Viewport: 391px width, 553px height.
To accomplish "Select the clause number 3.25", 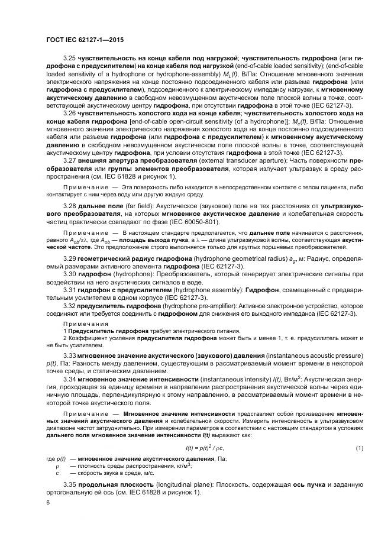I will pyautogui.click(x=70, y=57).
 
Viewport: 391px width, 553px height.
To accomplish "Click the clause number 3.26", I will pyautogui.click(x=70, y=112).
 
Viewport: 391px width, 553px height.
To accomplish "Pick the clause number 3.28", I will pyautogui.click(x=70, y=205).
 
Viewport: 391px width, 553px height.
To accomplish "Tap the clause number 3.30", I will pyautogui.click(x=70, y=275).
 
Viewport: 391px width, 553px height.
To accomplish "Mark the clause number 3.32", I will pyautogui.click(x=70, y=306).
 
